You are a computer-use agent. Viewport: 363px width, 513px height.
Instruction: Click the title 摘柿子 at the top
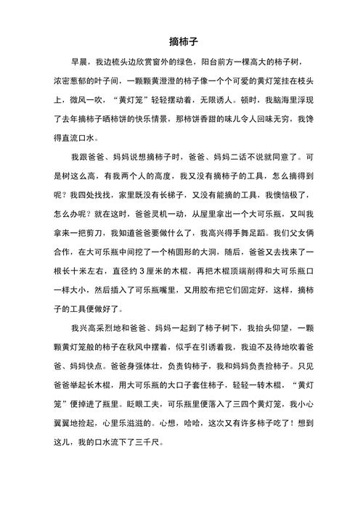coord(181,44)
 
